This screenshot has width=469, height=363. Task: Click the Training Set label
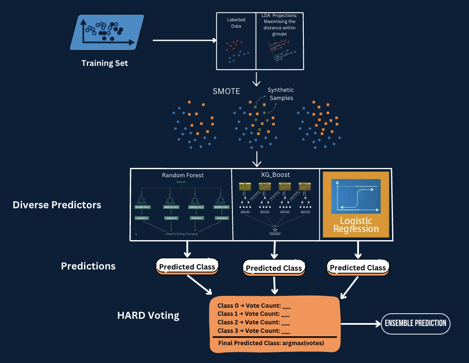pyautogui.click(x=105, y=63)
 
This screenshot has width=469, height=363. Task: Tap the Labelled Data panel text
pyautogui.click(x=236, y=23)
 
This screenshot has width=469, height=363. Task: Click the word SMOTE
pyautogui.click(x=226, y=91)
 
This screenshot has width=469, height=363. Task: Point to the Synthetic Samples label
pyautogui.click(x=280, y=94)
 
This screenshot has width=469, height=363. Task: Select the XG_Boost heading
pyautogui.click(x=276, y=175)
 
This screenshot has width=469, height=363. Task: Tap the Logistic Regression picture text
pyautogui.click(x=356, y=225)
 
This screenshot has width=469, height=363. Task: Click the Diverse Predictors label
pyautogui.click(x=57, y=205)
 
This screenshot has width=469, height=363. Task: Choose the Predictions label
pyautogui.click(x=88, y=266)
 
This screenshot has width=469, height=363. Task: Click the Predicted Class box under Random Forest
pyautogui.click(x=187, y=267)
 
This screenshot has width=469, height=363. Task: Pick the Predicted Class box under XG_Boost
pyautogui.click(x=274, y=268)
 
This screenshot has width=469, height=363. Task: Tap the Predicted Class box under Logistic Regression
pyautogui.click(x=358, y=267)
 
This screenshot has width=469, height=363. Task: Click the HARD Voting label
pyautogui.click(x=148, y=315)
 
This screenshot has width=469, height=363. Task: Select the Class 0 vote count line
pyautogui.click(x=254, y=306)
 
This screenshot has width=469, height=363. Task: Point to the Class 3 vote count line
pyautogui.click(x=254, y=331)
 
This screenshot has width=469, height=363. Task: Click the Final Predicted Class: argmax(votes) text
pyautogui.click(x=271, y=343)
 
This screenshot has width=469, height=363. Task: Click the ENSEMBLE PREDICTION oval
pyautogui.click(x=415, y=323)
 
